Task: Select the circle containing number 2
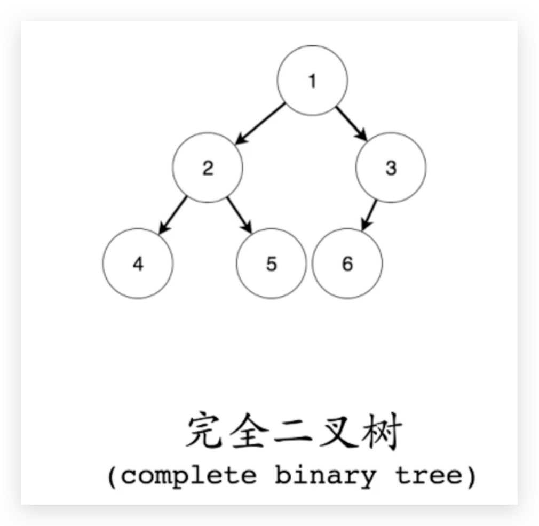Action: coord(208,168)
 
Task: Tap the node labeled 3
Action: coord(391,168)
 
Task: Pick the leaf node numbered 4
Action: coord(138,264)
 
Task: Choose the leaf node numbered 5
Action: coord(272,264)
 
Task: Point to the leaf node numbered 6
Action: coord(347,264)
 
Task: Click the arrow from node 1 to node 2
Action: coord(261,124)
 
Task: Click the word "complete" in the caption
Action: coord(189,475)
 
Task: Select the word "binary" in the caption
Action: coord(325,475)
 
